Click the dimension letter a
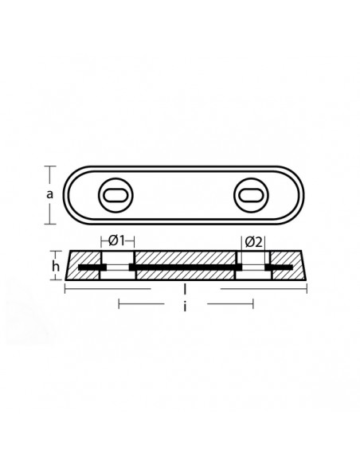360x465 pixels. (50, 193)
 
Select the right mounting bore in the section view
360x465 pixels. (252, 265)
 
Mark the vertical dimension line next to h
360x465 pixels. (61, 265)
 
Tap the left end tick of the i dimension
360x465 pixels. (118, 303)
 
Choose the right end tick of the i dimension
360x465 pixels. (252, 303)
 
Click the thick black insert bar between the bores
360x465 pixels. (185, 265)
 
